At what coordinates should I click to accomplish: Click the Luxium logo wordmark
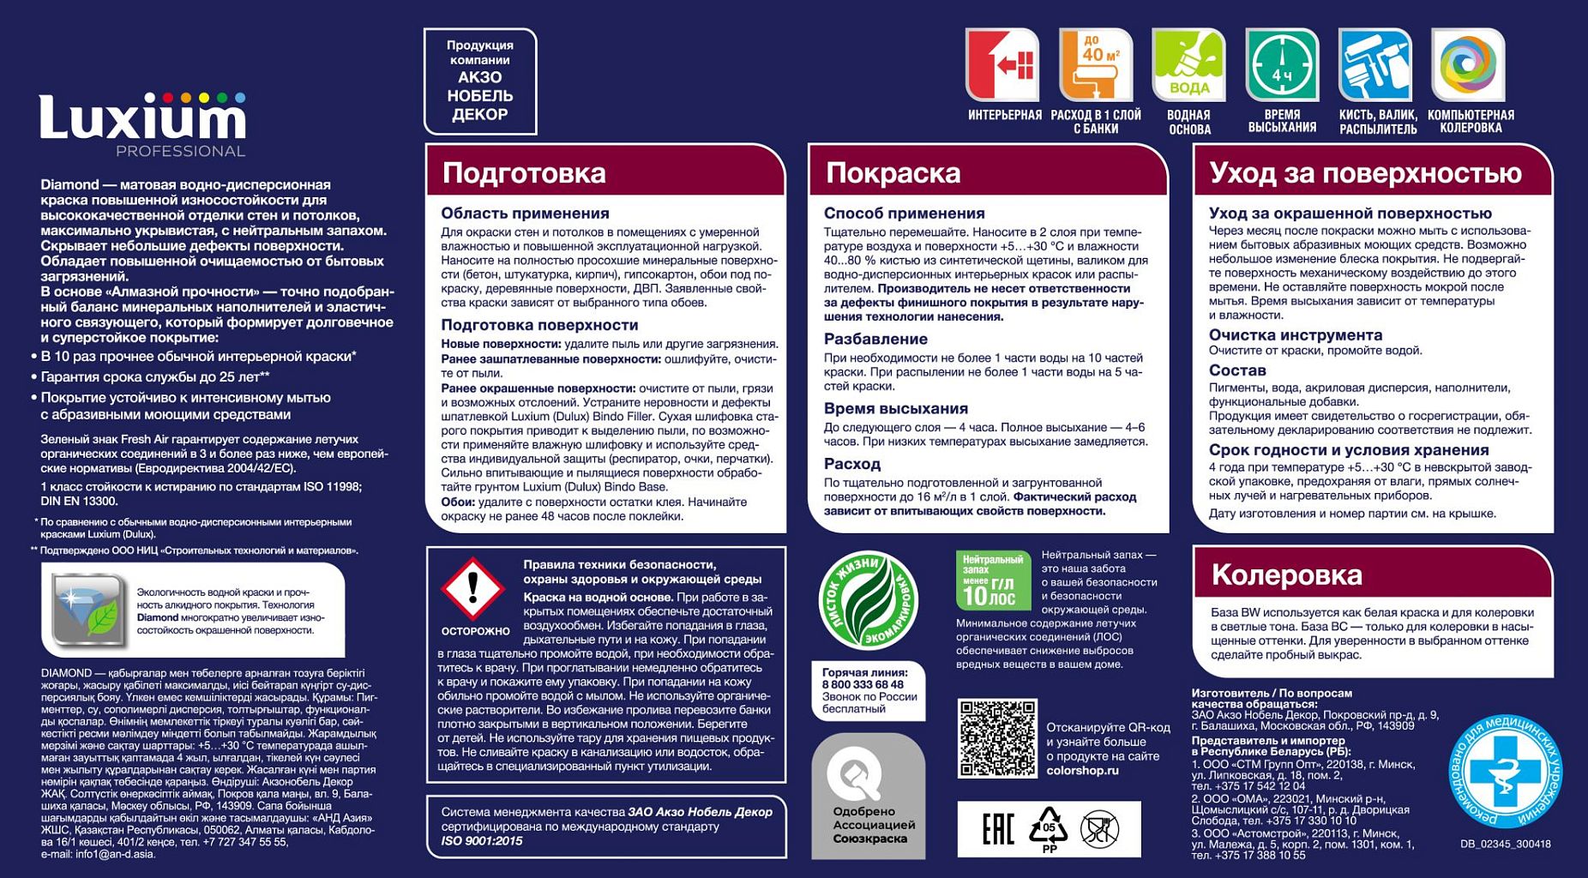pyautogui.click(x=142, y=118)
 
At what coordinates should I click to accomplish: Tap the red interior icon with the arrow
pyautogui.click(x=1002, y=65)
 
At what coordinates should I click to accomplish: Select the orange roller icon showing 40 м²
pyautogui.click(x=1095, y=65)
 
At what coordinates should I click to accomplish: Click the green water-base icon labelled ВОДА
pyautogui.click(x=1188, y=65)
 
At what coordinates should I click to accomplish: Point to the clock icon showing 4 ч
pyautogui.click(x=1282, y=65)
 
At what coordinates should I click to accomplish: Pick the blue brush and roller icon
pyautogui.click(x=1374, y=65)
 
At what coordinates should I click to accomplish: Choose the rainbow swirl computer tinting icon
pyautogui.click(x=1468, y=65)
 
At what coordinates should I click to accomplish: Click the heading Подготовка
pyautogui.click(x=524, y=173)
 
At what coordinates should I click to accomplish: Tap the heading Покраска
pyautogui.click(x=893, y=173)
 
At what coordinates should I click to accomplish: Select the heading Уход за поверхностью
pyautogui.click(x=1365, y=173)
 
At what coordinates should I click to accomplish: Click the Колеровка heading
pyautogui.click(x=1286, y=574)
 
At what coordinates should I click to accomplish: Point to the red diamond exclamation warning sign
pyautogui.click(x=472, y=589)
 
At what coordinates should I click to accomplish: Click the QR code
pyautogui.click(x=996, y=737)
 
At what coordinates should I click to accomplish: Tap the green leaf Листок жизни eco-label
pyautogui.click(x=868, y=600)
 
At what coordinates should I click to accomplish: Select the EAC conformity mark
pyautogui.click(x=998, y=829)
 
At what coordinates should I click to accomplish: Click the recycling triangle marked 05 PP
pyautogui.click(x=1049, y=829)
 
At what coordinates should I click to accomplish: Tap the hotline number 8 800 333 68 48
pyautogui.click(x=863, y=685)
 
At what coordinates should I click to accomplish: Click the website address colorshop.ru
pyautogui.click(x=1082, y=771)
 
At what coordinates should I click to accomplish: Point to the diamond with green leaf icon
pyautogui.click(x=86, y=609)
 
